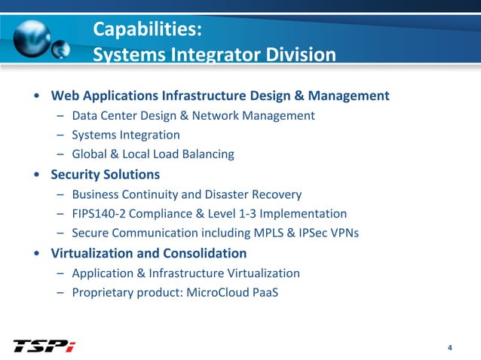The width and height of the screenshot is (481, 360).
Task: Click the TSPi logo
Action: tap(44, 346)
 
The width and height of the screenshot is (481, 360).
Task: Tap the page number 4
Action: tap(449, 347)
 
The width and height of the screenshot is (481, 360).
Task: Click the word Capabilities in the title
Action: tap(143, 30)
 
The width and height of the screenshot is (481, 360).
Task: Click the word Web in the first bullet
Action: tap(65, 96)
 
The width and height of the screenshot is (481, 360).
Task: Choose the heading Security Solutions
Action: tap(105, 175)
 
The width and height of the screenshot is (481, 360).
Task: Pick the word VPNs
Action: tap(342, 233)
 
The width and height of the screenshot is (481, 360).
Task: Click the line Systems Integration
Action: tap(126, 136)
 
